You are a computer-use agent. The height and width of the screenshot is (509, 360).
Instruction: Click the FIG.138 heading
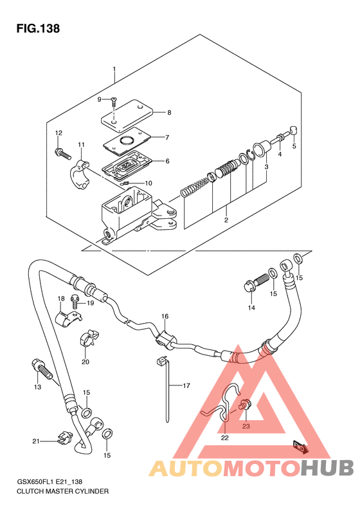[38, 28]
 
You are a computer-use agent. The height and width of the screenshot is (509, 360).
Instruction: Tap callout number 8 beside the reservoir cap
[169, 113]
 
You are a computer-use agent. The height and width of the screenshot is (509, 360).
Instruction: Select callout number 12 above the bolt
[59, 133]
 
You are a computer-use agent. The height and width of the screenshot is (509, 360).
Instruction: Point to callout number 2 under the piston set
[226, 220]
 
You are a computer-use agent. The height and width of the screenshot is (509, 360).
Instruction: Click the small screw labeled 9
[114, 101]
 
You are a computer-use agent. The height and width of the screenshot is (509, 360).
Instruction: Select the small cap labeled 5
[293, 130]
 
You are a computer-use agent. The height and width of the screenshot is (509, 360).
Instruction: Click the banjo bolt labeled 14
[256, 282]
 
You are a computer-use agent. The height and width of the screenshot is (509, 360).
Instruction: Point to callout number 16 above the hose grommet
[165, 316]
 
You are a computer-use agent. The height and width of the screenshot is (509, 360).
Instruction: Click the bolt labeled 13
[42, 369]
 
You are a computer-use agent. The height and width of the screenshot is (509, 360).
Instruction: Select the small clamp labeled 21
[64, 438]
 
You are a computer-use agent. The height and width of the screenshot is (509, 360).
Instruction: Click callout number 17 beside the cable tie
[186, 385]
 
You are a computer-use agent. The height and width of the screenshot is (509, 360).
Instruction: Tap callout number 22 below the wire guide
[225, 438]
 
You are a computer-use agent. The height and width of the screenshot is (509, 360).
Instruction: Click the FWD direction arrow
[300, 447]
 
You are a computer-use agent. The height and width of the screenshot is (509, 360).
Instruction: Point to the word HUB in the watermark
[327, 468]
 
